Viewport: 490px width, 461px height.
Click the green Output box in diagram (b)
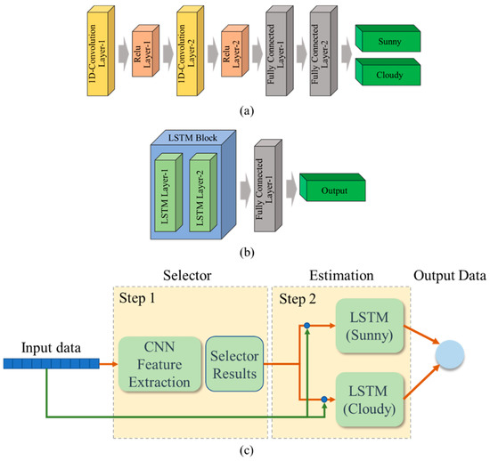click(331, 188)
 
